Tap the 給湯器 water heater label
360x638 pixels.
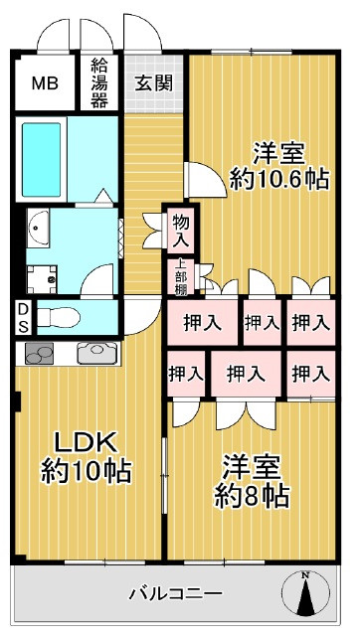pos(99,83)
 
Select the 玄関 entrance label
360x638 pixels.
pos(152,83)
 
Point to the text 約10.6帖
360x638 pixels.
pos(265,179)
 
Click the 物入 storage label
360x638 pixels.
pos(181,231)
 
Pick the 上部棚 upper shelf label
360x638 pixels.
pos(181,276)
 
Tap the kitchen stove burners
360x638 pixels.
pos(40,352)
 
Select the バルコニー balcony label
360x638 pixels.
pos(175,593)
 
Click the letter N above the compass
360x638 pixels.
pos(305,575)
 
